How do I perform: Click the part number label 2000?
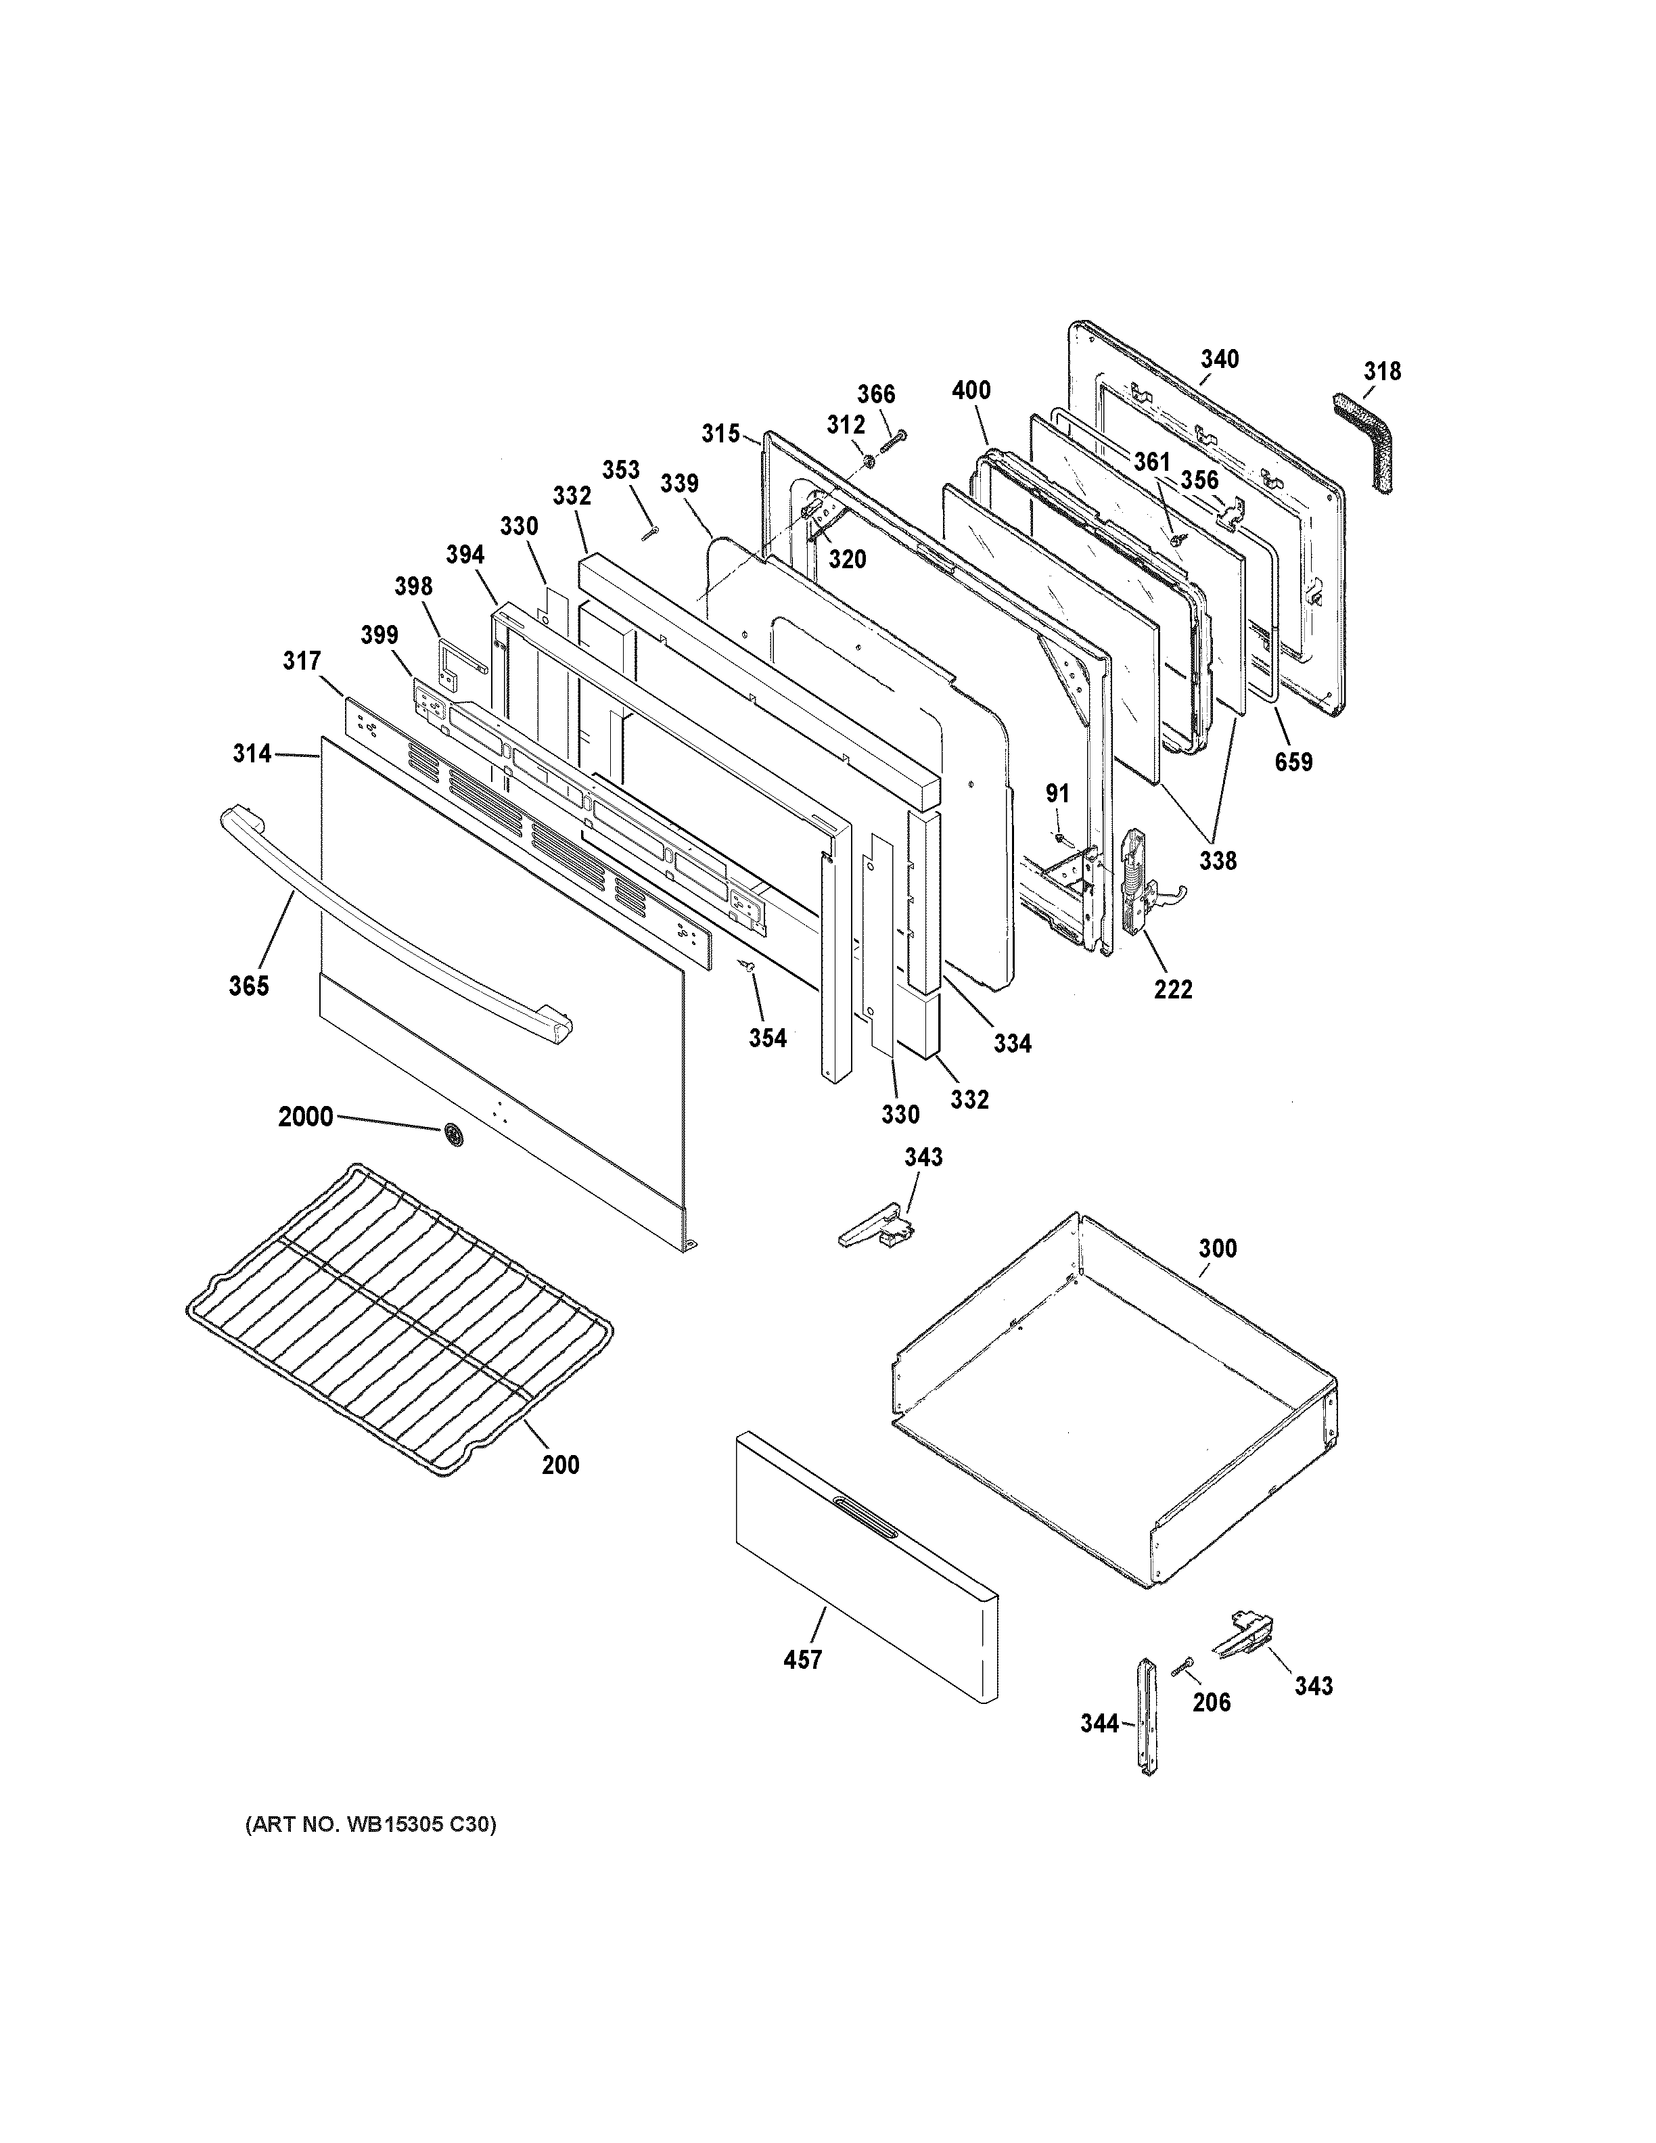coord(305,1117)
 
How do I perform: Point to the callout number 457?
coord(802,1660)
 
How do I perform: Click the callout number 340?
coord(1220,359)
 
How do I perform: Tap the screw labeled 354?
coord(750,967)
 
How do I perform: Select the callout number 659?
coord(1293,762)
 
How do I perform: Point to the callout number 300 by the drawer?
coord(1216,1249)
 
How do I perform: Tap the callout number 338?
coord(1218,860)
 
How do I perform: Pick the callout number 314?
coord(251,754)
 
